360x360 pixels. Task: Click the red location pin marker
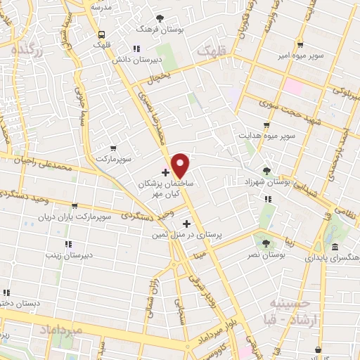point(181,165)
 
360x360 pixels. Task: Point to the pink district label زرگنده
point(28,50)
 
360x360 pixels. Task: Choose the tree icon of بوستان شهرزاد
point(266,170)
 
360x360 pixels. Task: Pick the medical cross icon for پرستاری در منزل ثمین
point(186,224)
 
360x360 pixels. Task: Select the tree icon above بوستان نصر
point(265,243)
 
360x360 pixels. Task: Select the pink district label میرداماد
point(61,329)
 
